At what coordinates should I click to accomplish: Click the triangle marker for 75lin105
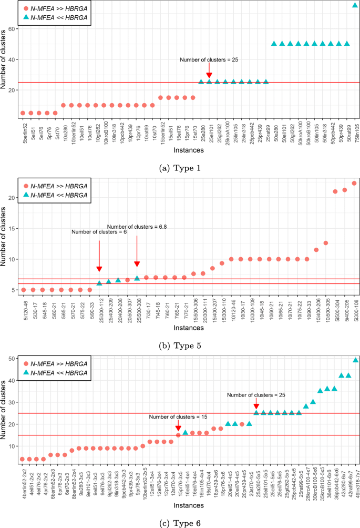point(355,5)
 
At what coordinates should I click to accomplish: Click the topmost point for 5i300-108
point(354,183)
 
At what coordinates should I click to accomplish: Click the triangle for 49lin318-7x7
point(355,360)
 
